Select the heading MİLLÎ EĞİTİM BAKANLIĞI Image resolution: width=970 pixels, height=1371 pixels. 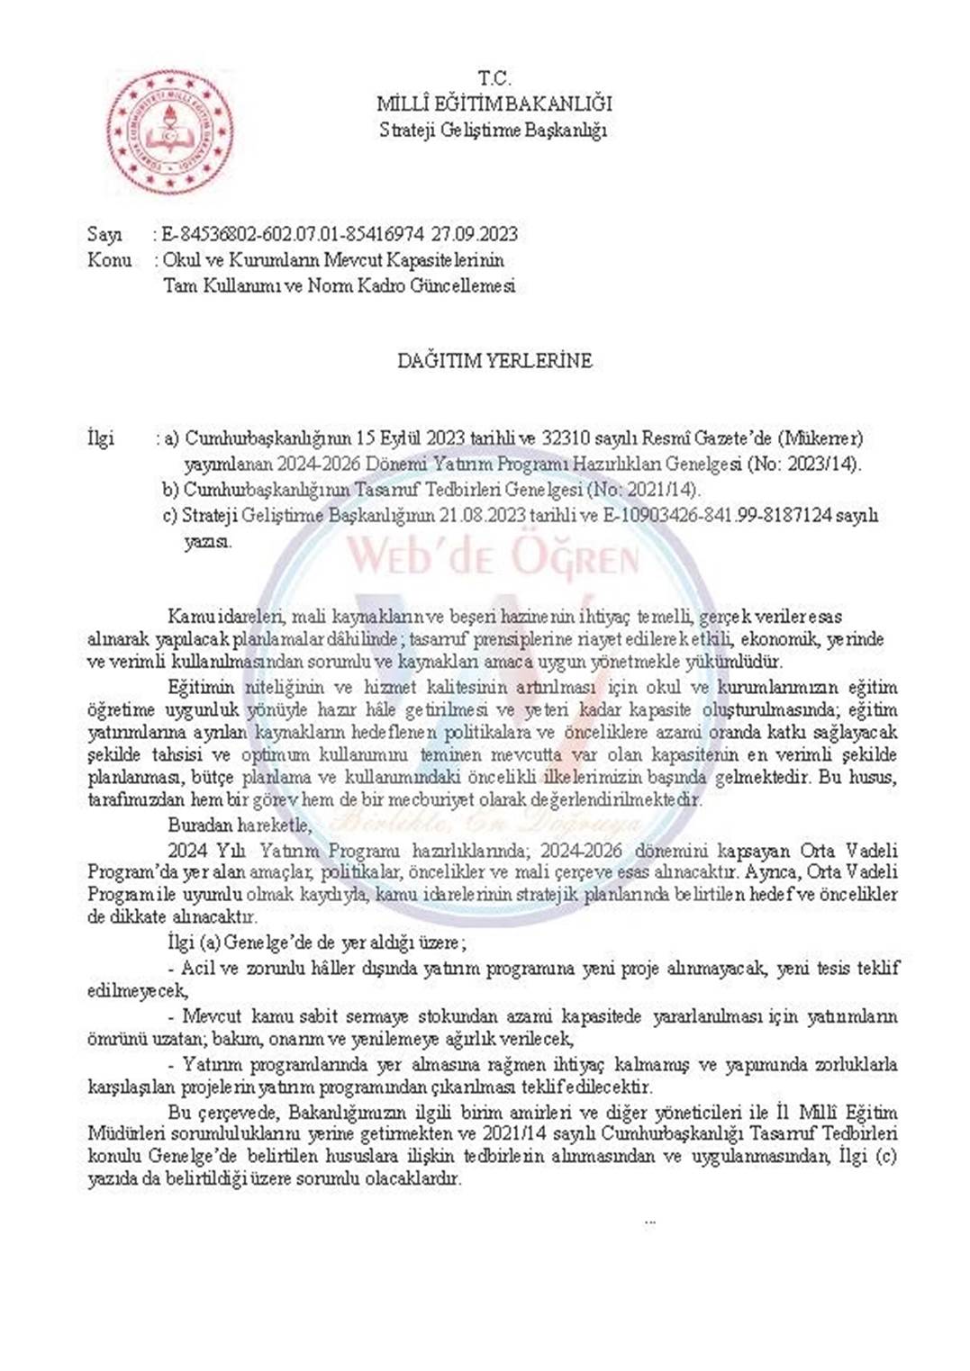(x=494, y=104)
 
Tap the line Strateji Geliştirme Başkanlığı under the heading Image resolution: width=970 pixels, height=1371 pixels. (x=494, y=131)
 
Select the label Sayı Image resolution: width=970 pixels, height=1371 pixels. (x=104, y=235)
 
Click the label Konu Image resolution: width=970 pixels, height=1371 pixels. (x=109, y=261)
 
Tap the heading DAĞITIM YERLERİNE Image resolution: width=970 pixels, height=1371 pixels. (x=494, y=362)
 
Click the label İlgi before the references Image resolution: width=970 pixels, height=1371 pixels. (x=101, y=439)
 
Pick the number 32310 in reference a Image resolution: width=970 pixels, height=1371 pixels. (x=566, y=439)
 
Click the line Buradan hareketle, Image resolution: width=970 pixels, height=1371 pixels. (x=240, y=825)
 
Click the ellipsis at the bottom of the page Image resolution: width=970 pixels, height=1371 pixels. (x=650, y=1222)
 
